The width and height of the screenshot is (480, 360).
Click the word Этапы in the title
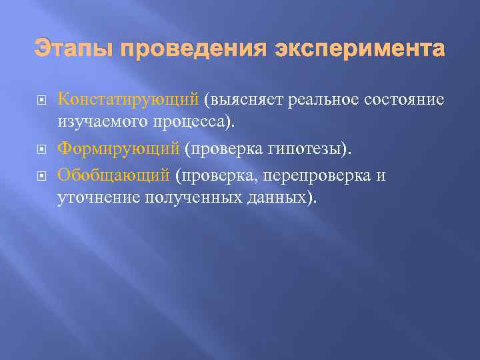coord(66,49)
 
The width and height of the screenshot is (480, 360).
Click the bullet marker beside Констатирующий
coord(41,101)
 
